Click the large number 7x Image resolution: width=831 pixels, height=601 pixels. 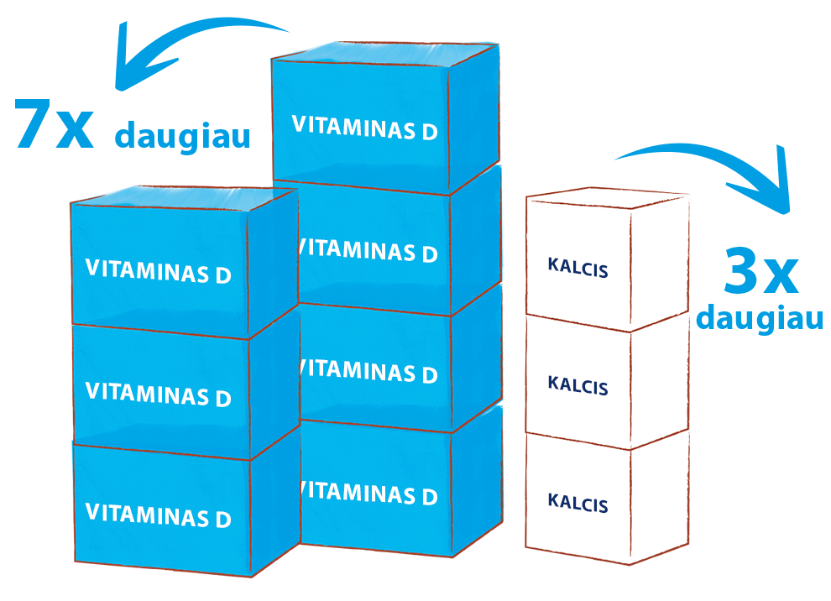54,123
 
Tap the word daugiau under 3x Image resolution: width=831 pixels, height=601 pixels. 760,319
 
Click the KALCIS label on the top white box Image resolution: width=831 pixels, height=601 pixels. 578,267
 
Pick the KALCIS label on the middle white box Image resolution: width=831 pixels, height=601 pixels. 578,385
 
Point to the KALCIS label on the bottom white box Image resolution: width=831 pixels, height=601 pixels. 578,503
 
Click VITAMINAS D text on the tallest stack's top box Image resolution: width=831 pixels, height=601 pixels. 364,128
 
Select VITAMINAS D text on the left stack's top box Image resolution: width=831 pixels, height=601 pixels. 159,271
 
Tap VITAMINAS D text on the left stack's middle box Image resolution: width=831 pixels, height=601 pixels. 159,395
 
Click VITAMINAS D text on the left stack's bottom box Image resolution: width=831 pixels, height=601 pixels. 159,515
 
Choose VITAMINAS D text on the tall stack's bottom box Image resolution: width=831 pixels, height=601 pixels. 368,493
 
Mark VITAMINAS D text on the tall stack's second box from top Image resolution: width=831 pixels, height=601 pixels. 368,250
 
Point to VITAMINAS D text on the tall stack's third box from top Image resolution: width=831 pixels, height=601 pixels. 368,371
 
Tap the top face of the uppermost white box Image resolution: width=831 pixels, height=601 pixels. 608,198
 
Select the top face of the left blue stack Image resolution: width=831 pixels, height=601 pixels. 184,198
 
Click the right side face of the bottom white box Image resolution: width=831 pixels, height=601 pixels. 660,497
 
